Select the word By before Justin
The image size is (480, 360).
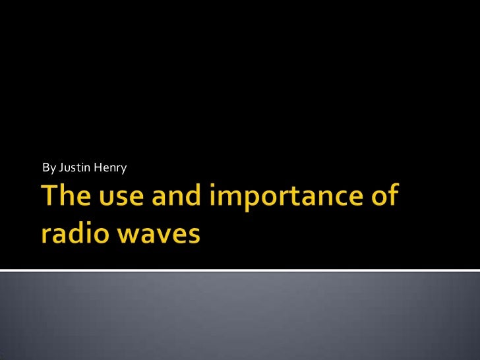coord(49,168)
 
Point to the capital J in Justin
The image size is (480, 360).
coord(61,168)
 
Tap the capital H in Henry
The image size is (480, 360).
coord(98,168)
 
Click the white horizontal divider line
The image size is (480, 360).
coord(240,270)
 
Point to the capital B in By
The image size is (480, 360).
coord(45,168)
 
